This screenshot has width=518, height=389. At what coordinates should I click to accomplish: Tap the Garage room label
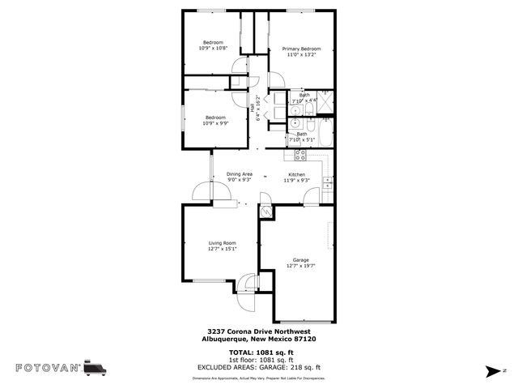(x=295, y=260)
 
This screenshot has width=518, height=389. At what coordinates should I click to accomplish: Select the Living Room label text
(x=222, y=242)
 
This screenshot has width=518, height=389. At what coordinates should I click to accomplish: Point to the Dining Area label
(x=239, y=174)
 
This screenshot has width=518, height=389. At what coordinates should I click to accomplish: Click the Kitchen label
(x=296, y=175)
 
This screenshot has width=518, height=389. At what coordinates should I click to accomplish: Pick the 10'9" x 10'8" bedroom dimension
(x=213, y=48)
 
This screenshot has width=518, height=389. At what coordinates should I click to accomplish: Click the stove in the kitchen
(x=299, y=155)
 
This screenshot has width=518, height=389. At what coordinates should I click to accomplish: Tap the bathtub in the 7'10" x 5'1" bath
(x=324, y=136)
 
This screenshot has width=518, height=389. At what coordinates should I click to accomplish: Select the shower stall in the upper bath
(x=327, y=103)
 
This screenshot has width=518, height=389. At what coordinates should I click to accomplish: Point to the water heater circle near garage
(x=266, y=210)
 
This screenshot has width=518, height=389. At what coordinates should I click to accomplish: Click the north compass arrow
(x=491, y=371)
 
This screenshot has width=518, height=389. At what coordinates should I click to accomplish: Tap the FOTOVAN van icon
(x=95, y=368)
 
